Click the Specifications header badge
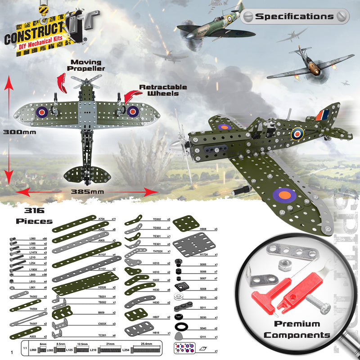point(295,17)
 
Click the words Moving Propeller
point(85,66)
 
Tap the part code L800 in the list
point(32,274)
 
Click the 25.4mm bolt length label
point(146,344)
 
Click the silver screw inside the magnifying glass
point(317,306)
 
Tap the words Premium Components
point(297,329)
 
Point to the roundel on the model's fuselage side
point(297,133)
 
